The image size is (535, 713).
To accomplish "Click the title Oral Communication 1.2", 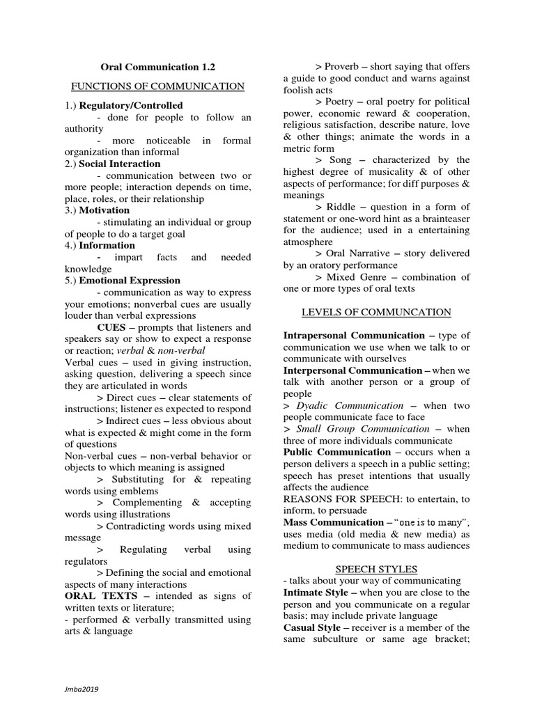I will [x=158, y=67].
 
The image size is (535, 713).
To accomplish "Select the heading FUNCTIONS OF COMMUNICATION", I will [x=158, y=86].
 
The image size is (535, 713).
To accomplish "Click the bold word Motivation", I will [x=104, y=210].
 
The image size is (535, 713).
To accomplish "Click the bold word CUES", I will [x=111, y=327].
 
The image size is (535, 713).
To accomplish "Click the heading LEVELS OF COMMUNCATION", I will [x=377, y=312].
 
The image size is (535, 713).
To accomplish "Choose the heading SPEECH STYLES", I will [x=376, y=569].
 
